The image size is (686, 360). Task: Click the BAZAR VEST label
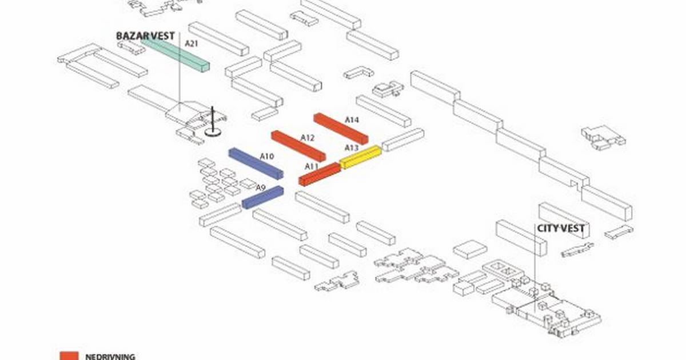[x=145, y=36]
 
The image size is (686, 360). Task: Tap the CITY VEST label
[x=560, y=229]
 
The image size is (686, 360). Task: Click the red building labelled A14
[x=340, y=128]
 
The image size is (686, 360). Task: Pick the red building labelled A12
[x=298, y=145]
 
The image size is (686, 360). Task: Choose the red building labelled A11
[x=320, y=174]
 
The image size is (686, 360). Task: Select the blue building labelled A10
[x=256, y=163]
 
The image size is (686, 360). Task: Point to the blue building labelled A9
[x=262, y=197]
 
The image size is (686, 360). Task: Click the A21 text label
[x=191, y=43]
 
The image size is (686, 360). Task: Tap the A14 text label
[x=352, y=120]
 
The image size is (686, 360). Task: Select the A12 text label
[x=308, y=138]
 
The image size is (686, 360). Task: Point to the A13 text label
[x=351, y=148]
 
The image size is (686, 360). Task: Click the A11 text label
[x=312, y=166]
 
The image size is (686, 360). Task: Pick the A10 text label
[x=267, y=156]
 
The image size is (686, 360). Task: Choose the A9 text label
[x=261, y=187]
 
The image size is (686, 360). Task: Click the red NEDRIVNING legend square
[x=69, y=355]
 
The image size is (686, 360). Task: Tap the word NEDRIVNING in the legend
[x=110, y=357]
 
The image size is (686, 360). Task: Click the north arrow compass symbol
[x=213, y=122]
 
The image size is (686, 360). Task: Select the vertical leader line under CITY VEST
[x=535, y=269]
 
